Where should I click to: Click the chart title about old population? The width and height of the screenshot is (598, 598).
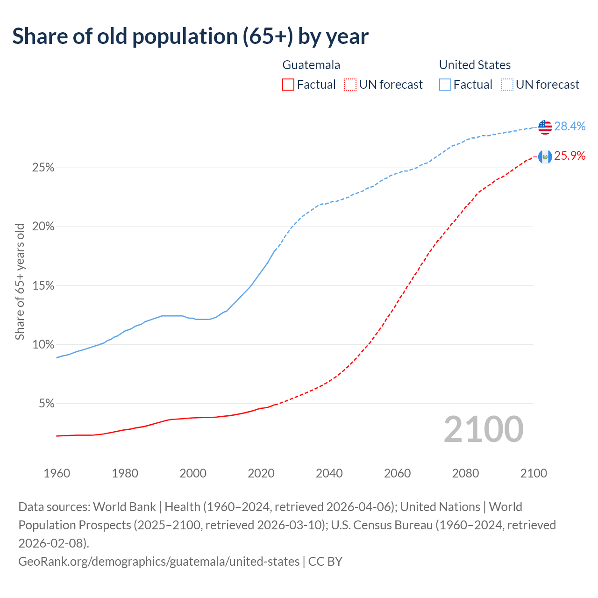coord(190,36)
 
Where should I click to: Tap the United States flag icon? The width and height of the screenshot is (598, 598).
coord(545,127)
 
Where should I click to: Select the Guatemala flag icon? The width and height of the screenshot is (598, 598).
coord(545,157)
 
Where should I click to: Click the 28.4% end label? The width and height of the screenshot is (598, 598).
coord(570,126)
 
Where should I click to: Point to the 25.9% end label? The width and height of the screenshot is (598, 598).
coord(570,156)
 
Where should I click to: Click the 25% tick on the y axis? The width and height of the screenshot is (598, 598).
coord(43,168)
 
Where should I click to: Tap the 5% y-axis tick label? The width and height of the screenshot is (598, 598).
coord(46,403)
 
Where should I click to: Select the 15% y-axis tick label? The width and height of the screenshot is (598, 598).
coord(43,285)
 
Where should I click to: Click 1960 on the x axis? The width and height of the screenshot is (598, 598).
coord(57,473)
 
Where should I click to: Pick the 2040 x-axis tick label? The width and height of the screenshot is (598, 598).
coord(329,473)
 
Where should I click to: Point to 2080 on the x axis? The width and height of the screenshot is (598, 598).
coord(465,473)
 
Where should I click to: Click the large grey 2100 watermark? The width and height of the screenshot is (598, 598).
coord(484,429)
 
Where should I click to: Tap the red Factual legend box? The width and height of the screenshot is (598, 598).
coord(288,85)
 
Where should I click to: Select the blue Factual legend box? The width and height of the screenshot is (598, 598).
coord(445,85)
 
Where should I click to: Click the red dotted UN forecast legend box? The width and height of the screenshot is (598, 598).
coord(350,85)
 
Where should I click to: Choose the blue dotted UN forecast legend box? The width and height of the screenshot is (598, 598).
coord(507,85)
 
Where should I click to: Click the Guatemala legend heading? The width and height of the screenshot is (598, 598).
coord(311,65)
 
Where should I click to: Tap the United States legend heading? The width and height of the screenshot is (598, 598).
coord(475,65)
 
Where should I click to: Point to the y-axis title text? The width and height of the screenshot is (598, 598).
coord(20,282)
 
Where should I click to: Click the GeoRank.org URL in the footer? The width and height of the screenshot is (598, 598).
coord(159,561)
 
